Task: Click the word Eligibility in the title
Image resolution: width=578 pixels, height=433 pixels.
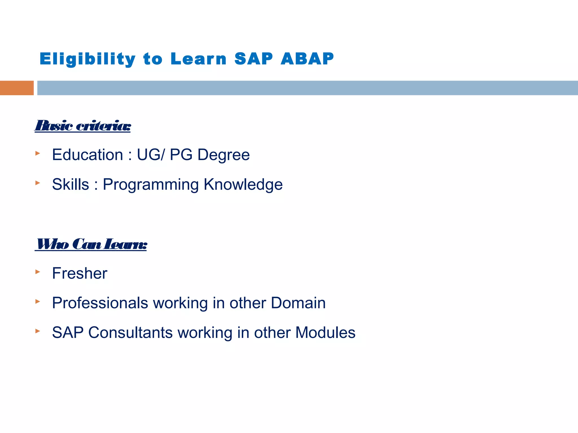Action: pyautogui.click(x=87, y=59)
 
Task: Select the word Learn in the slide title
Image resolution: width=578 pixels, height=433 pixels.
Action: pyautogui.click(x=198, y=59)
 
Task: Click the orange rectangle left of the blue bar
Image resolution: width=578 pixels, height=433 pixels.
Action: pyautogui.click(x=17, y=88)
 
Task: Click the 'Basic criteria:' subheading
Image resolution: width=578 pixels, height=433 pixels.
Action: pyautogui.click(x=83, y=126)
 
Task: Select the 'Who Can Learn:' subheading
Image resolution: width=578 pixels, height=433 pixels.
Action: pyautogui.click(x=91, y=244)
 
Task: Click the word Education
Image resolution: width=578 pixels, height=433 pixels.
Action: pyautogui.click(x=87, y=155)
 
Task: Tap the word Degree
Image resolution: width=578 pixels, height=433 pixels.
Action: pyautogui.click(x=223, y=155)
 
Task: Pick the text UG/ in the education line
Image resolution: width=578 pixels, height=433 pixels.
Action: pyautogui.click(x=150, y=155)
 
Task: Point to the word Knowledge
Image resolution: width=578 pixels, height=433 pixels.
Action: pyautogui.click(x=243, y=185)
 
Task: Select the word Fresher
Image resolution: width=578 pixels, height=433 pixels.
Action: pyautogui.click(x=80, y=273)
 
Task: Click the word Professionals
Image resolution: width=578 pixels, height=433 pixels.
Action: pyautogui.click(x=100, y=303)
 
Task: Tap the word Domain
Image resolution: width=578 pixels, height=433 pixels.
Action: pyautogui.click(x=298, y=303)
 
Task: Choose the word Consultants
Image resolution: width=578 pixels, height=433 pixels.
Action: pyautogui.click(x=130, y=332)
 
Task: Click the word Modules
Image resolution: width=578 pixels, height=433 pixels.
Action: pyautogui.click(x=325, y=332)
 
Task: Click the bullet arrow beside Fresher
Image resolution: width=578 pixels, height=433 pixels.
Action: pyautogui.click(x=38, y=272)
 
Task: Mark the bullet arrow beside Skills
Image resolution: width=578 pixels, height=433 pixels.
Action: pyautogui.click(x=38, y=183)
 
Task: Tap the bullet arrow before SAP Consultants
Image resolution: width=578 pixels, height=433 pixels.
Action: pyautogui.click(x=38, y=331)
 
